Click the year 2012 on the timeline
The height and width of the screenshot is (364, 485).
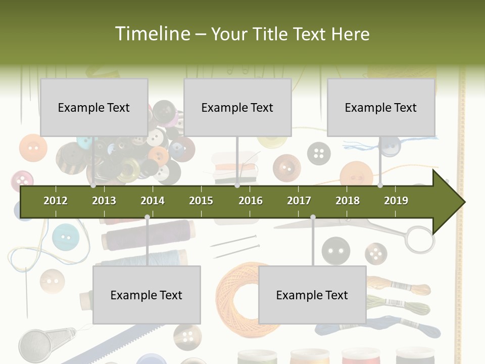click(x=56, y=201)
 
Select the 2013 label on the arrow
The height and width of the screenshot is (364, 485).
click(x=104, y=201)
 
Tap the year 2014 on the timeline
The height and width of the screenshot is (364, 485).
click(x=153, y=201)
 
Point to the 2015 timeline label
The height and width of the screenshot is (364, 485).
click(x=201, y=201)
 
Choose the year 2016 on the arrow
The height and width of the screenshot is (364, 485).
click(x=251, y=201)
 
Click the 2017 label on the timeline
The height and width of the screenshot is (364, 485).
click(x=299, y=201)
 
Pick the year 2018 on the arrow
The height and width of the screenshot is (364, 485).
click(x=348, y=201)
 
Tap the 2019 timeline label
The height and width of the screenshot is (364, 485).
click(x=396, y=201)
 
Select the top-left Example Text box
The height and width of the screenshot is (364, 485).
click(x=94, y=107)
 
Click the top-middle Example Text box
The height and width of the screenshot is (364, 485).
click(x=237, y=107)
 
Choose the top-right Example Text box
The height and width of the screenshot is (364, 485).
click(x=381, y=107)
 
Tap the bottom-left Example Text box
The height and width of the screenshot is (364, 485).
click(x=147, y=295)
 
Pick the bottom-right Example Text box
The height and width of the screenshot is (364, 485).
click(x=312, y=295)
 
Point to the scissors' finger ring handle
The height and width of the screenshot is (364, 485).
click(x=419, y=239)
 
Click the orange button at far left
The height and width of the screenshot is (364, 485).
click(x=33, y=148)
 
